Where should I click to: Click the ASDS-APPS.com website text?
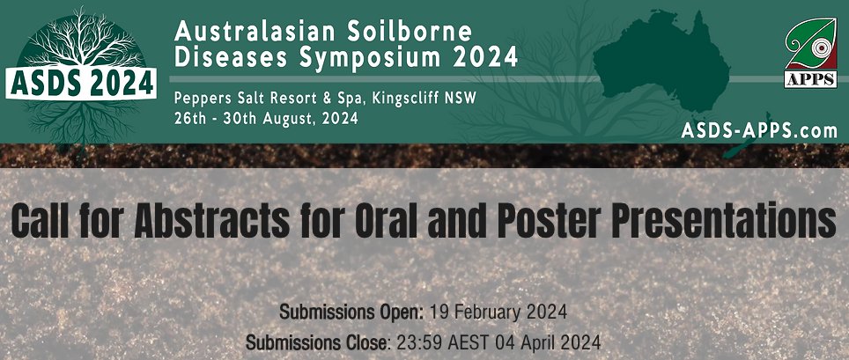tap(758, 130)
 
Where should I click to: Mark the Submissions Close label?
tap(318, 342)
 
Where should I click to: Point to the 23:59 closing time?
tap(412, 342)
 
